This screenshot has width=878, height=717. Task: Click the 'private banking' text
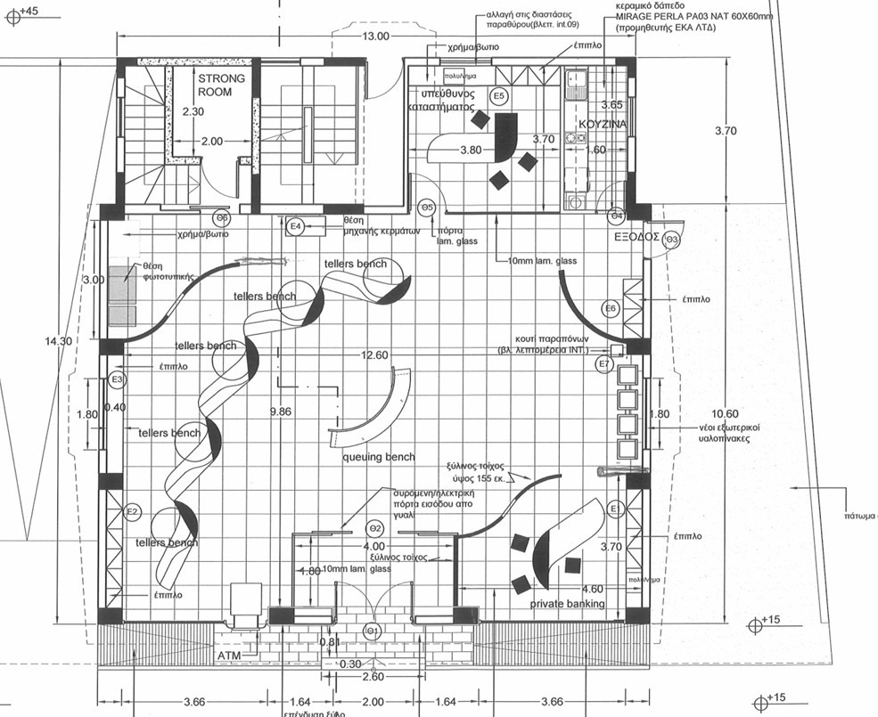point(568,604)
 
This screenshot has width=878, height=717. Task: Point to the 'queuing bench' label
point(379,457)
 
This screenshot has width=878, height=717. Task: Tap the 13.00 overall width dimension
point(375,37)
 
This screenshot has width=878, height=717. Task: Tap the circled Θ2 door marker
point(375,529)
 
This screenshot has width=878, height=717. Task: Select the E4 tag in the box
point(296,227)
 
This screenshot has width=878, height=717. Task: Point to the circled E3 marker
point(116,380)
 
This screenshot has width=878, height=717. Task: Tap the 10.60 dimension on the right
point(726,413)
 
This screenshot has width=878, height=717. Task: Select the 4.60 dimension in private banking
point(592,589)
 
